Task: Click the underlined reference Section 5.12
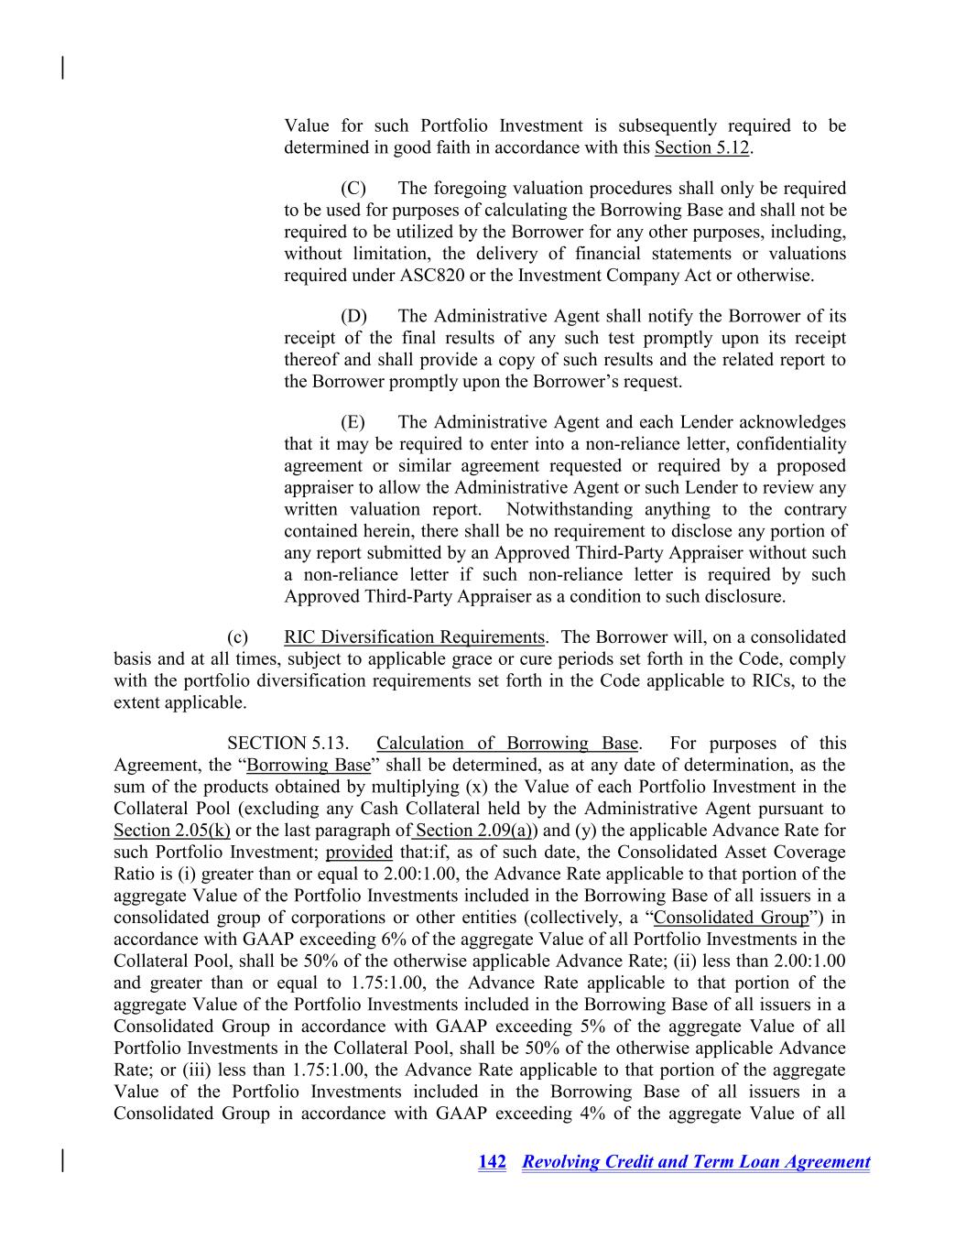tap(703, 147)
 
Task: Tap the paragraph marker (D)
tap(353, 316)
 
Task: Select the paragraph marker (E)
tap(353, 422)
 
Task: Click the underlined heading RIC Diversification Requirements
tap(414, 636)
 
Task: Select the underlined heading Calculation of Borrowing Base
tap(507, 743)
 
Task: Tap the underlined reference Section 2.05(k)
tap(171, 830)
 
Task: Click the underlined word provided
tap(359, 852)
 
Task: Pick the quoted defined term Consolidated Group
tap(731, 917)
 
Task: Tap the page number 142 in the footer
tap(492, 1161)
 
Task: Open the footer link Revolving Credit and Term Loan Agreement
tap(695, 1161)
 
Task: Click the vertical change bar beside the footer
tap(62, 1159)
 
